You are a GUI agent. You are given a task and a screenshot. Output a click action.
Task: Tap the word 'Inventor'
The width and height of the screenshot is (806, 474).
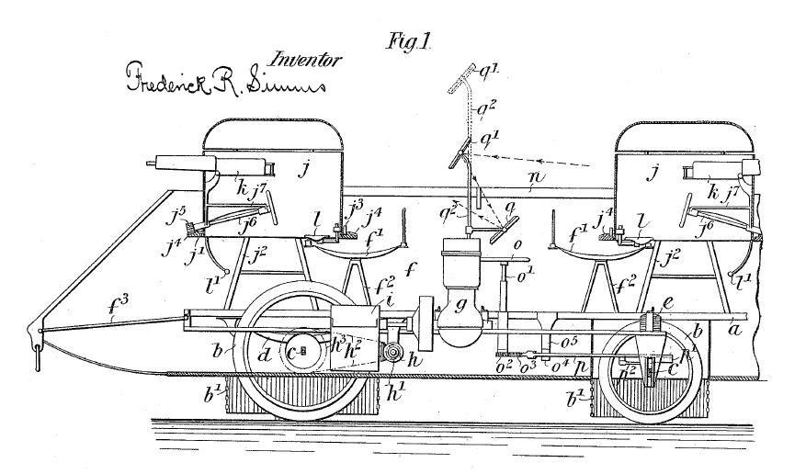[304, 61]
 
